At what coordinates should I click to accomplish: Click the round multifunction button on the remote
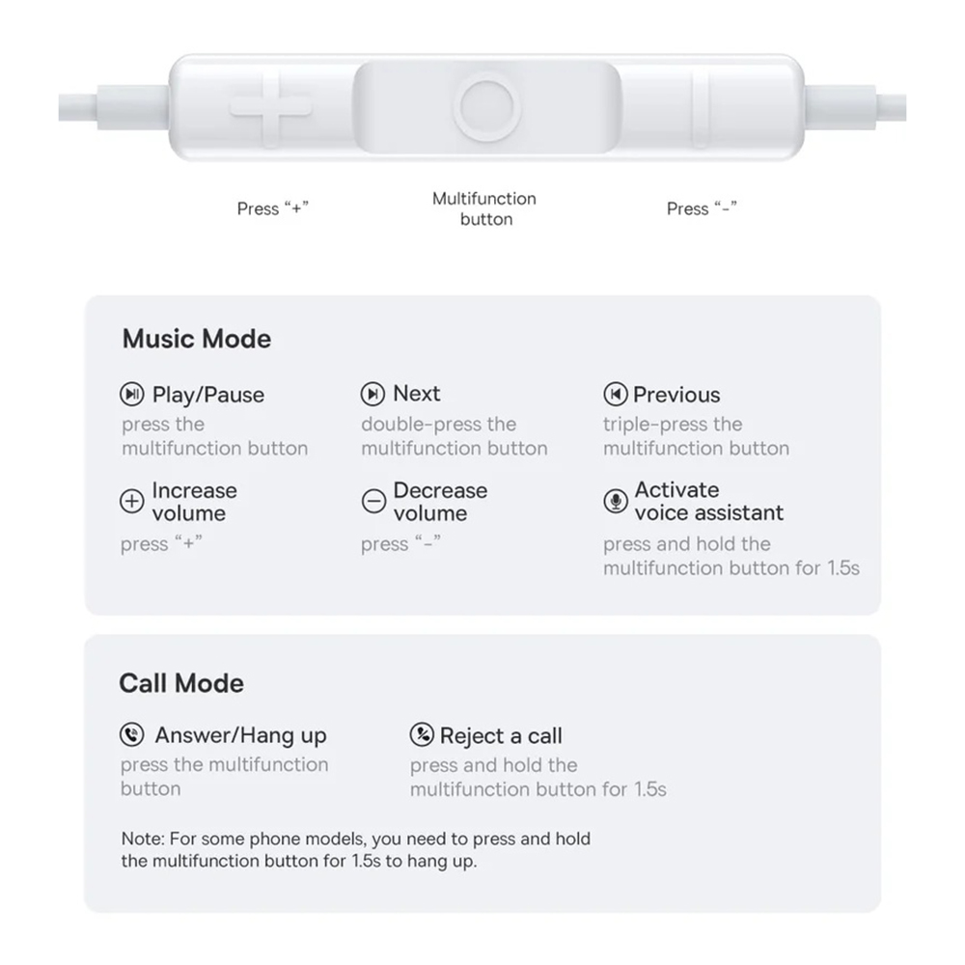tap(486, 108)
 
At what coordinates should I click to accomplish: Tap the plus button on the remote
tap(271, 108)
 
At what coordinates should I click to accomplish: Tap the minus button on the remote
tap(701, 108)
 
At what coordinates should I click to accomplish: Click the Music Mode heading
tap(196, 339)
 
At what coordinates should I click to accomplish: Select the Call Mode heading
tap(181, 683)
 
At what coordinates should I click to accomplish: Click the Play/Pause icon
tap(131, 394)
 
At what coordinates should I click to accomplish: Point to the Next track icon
tap(372, 394)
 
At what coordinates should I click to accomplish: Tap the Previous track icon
tap(616, 394)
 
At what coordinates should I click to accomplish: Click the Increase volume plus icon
tap(131, 501)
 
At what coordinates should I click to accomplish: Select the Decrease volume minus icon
tap(373, 501)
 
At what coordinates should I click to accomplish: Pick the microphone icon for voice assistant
tap(616, 501)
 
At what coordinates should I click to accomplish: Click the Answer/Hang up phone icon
tap(131, 734)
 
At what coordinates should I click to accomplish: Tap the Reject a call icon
tap(422, 734)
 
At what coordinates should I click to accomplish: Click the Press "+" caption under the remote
tap(272, 208)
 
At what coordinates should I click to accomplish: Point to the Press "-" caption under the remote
tap(702, 208)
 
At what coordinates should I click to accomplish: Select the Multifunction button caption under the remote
tap(485, 208)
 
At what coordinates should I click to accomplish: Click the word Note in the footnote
tap(142, 839)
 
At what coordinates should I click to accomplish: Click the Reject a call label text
tap(501, 736)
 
